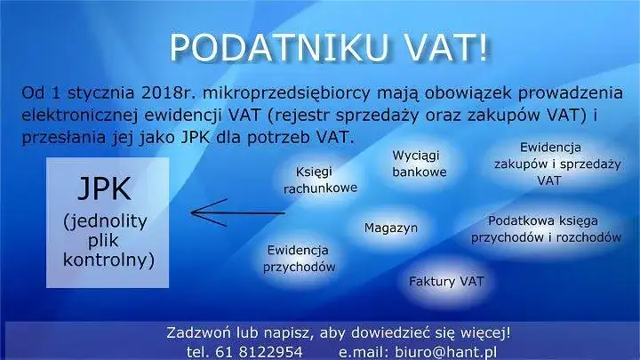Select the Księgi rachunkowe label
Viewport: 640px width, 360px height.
[x=320, y=180]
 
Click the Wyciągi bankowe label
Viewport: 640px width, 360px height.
[x=420, y=164]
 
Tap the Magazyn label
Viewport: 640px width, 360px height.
[x=391, y=228]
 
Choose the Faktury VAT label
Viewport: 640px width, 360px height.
[x=446, y=281]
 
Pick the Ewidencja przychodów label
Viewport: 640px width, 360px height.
[x=298, y=259]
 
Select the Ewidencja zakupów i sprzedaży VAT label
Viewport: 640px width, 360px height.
[x=550, y=163]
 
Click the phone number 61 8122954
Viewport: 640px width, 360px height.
[x=257, y=351]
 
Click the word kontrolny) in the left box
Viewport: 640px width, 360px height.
[x=109, y=260]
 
